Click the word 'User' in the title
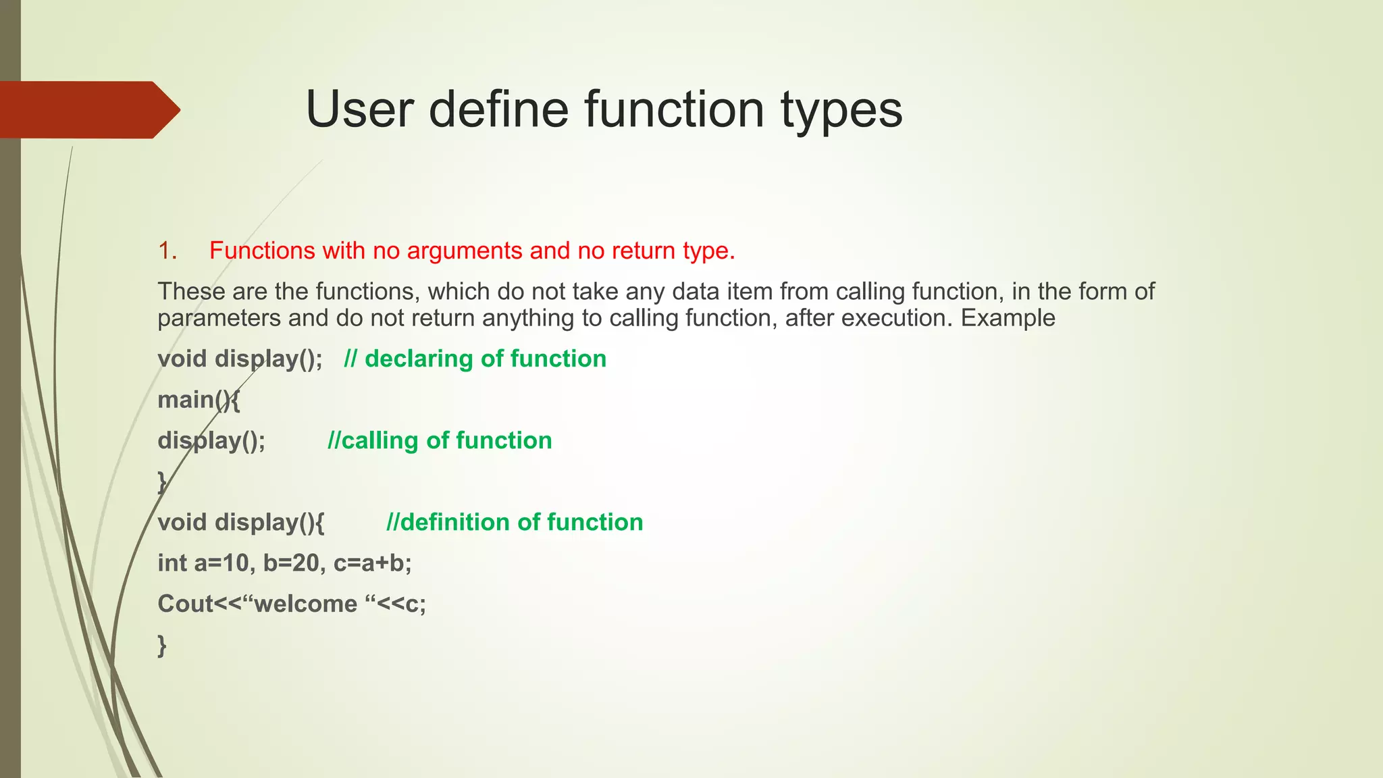tap(360, 109)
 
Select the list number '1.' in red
tap(167, 251)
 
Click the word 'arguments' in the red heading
tap(464, 251)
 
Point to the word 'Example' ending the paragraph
tap(1008, 318)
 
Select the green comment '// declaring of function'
tap(475, 359)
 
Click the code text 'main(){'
tap(199, 400)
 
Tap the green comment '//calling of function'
tap(440, 440)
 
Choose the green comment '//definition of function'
tap(515, 522)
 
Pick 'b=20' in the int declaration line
tap(291, 563)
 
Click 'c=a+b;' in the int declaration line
tap(372, 563)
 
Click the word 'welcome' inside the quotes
tap(305, 604)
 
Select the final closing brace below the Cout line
tap(162, 645)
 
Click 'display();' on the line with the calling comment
tap(211, 441)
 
